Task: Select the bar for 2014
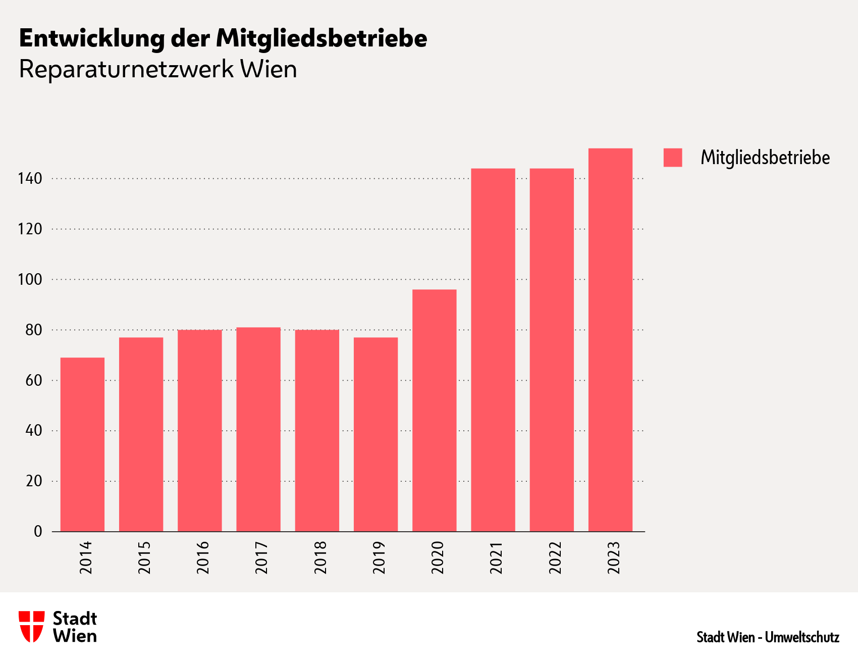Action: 82,444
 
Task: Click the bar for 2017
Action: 258,429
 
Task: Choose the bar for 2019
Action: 376,434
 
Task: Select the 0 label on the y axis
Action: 38,531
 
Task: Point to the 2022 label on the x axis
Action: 555,557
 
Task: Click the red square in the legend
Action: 672,158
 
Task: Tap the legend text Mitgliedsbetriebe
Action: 765,158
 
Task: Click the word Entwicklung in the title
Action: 92,38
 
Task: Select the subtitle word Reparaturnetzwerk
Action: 126,70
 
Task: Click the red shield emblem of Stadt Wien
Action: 31,626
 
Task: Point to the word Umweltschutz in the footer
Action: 802,637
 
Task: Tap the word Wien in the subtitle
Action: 268,70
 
